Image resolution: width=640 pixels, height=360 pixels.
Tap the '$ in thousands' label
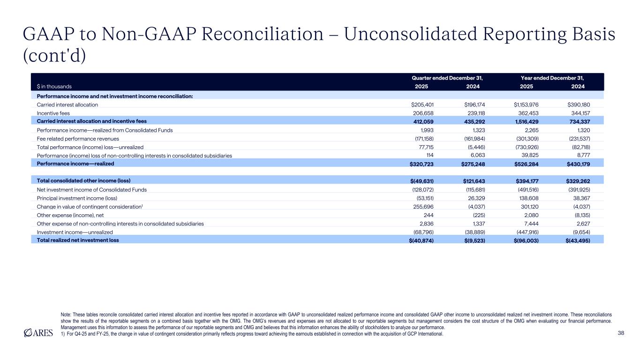coord(54,87)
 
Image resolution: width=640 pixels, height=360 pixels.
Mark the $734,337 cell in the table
coord(577,121)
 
